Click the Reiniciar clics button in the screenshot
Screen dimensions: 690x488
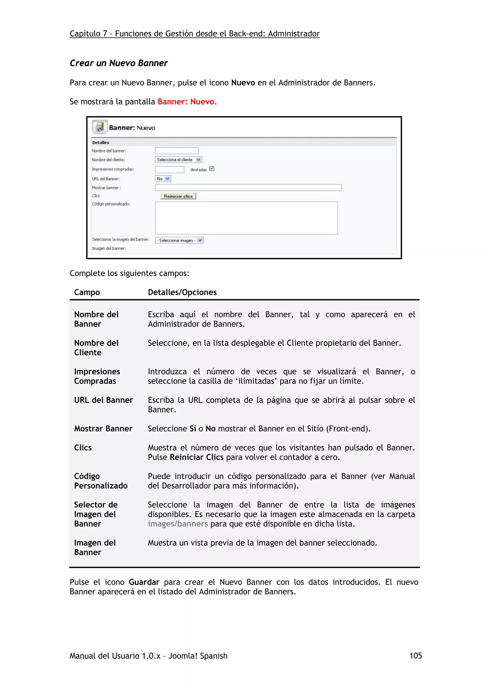178,196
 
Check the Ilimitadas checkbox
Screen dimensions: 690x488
212,169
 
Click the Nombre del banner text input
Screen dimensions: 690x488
177,150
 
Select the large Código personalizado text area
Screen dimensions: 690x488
246,218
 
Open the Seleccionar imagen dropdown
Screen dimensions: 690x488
179,240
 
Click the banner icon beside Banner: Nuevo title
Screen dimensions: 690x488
100,127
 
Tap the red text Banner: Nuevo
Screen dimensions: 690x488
186,102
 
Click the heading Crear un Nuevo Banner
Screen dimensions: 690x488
118,63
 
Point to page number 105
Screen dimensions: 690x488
415,656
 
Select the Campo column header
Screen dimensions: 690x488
87,292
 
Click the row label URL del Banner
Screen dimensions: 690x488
103,400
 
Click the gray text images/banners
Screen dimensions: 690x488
177,524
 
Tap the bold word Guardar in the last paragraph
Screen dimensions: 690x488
144,582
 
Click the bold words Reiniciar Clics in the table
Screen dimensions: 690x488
196,457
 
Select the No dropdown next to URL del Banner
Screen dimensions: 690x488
163,179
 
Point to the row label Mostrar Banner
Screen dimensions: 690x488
103,429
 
